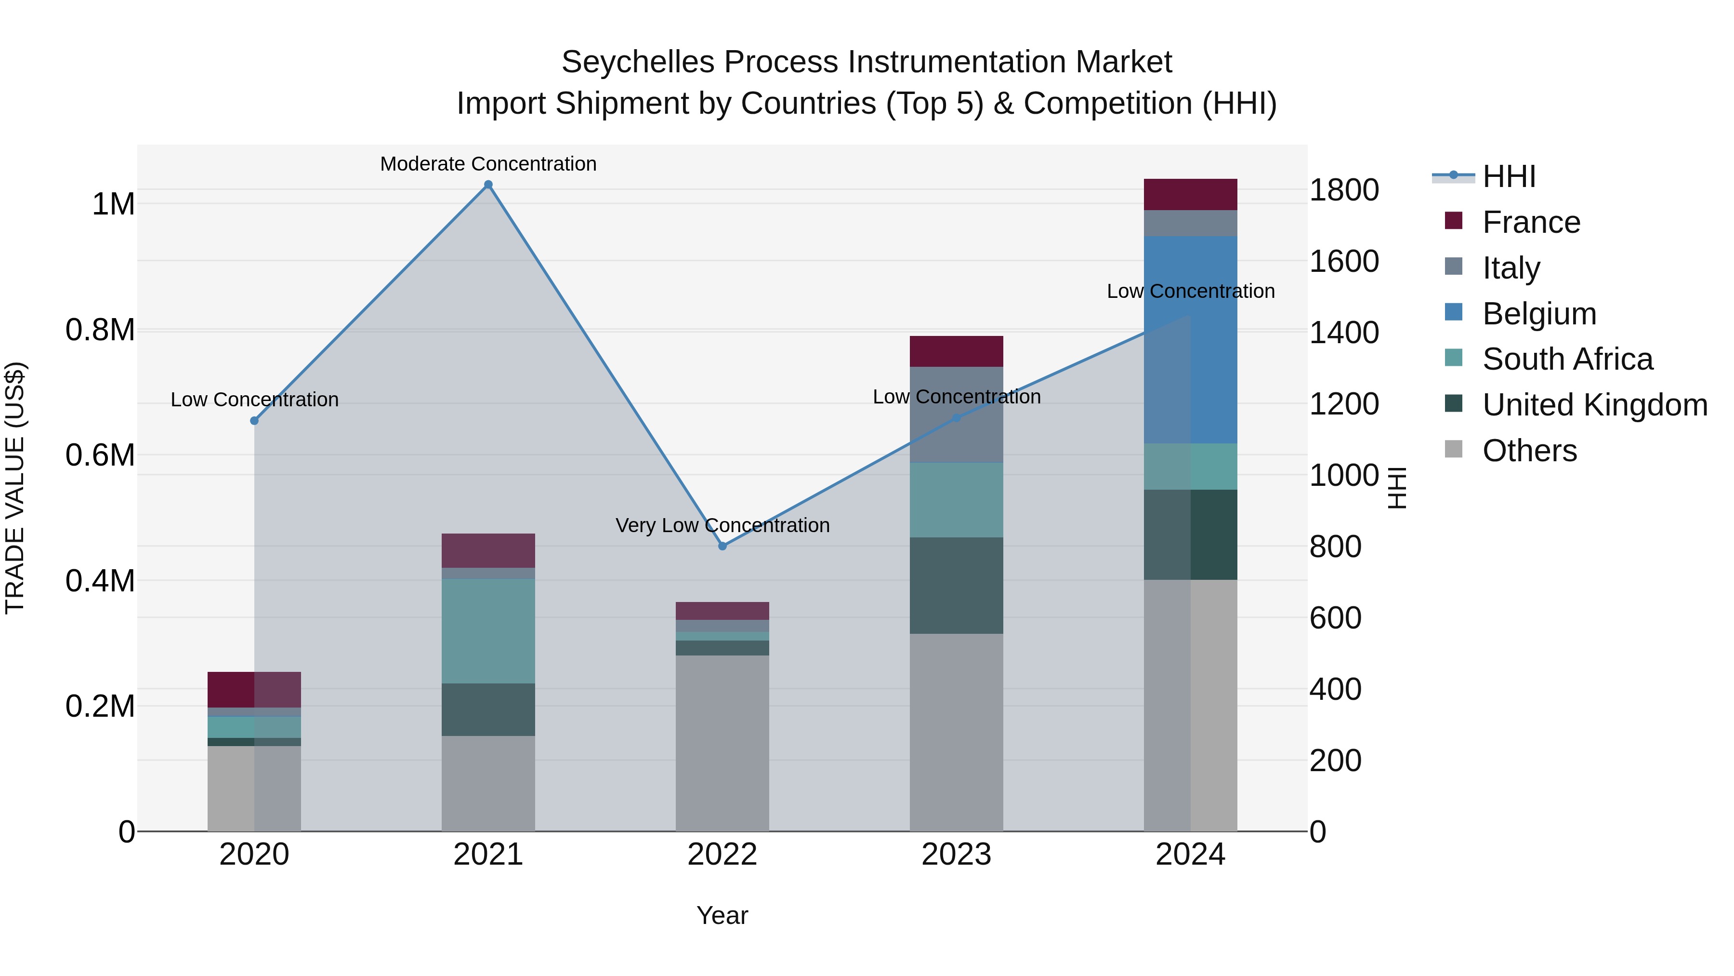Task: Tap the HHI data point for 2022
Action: click(x=722, y=546)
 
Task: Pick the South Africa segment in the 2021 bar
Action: click(x=488, y=630)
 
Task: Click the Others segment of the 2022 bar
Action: click(x=722, y=742)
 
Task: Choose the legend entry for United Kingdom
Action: click(x=1595, y=405)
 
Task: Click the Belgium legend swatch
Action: click(x=1453, y=312)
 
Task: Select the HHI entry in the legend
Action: click(x=1509, y=176)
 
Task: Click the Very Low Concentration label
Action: click(x=722, y=525)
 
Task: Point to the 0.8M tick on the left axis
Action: click(x=100, y=330)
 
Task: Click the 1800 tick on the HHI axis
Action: click(x=1343, y=190)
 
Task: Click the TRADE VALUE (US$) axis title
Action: click(x=15, y=488)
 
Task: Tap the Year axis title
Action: click(x=722, y=915)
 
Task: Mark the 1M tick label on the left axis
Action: click(x=113, y=204)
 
